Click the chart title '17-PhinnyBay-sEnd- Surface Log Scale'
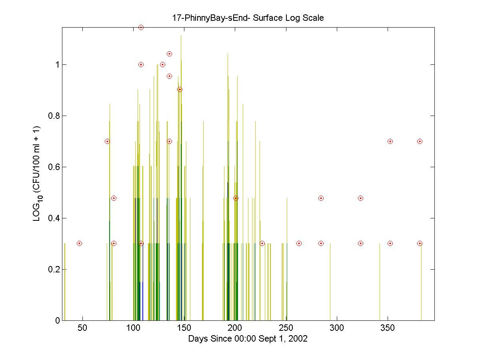click(248, 18)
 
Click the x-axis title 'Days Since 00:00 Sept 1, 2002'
click(248, 339)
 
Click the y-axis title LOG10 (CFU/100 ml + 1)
click(36, 174)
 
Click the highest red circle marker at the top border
click(141, 27)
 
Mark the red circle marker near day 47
click(79, 243)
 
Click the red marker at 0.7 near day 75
click(107, 141)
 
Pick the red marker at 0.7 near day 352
click(390, 141)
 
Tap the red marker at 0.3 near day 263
click(299, 243)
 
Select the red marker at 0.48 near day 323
click(360, 198)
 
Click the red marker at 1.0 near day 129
click(162, 64)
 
